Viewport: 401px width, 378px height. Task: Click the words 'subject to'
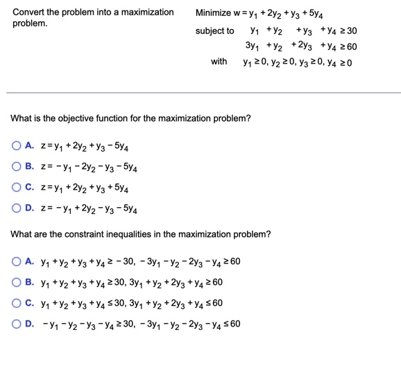coord(214,31)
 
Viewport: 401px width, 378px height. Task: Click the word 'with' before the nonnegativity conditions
coord(219,62)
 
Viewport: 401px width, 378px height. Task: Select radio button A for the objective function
coord(15,147)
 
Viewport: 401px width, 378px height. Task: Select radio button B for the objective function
coord(15,167)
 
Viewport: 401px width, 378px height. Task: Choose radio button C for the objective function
coord(15,187)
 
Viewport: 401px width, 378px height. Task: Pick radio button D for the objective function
coord(15,207)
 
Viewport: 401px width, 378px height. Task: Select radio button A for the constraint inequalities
coord(15,263)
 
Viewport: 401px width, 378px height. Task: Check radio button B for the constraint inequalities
coord(15,283)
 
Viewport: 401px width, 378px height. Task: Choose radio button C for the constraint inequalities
coord(15,303)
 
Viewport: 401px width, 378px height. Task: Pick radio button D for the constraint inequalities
coord(15,323)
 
